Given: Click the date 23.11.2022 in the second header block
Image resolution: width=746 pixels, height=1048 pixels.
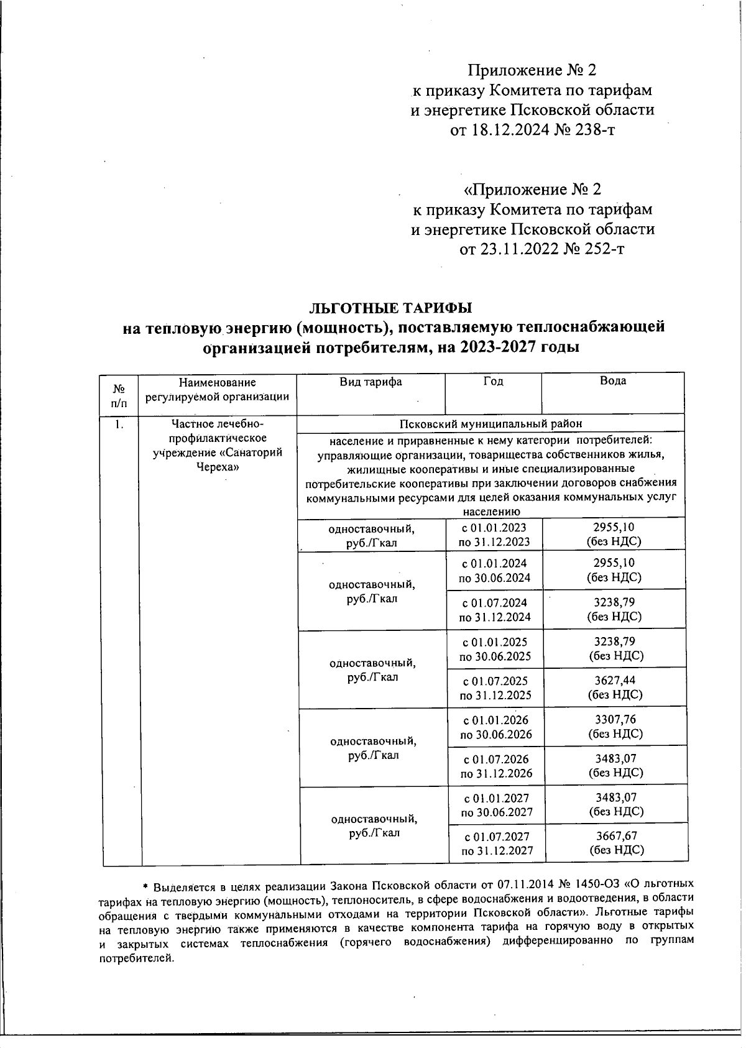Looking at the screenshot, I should click(510, 249).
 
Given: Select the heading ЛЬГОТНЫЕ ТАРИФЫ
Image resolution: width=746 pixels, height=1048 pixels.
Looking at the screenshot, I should click(391, 307).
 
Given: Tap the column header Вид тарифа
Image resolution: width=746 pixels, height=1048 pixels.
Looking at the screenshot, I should click(371, 382).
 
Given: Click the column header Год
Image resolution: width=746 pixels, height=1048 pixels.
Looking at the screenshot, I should click(493, 381).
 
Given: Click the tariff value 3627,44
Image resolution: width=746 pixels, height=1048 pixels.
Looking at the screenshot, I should click(615, 681).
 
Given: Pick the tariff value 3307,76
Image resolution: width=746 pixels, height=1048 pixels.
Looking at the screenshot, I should click(615, 720).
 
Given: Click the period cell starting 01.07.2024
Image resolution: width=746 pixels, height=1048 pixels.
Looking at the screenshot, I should click(495, 610).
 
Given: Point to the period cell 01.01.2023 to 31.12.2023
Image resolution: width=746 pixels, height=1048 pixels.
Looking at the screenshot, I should click(494, 535).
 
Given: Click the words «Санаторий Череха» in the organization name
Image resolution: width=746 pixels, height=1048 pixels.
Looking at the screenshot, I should click(220, 460).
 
